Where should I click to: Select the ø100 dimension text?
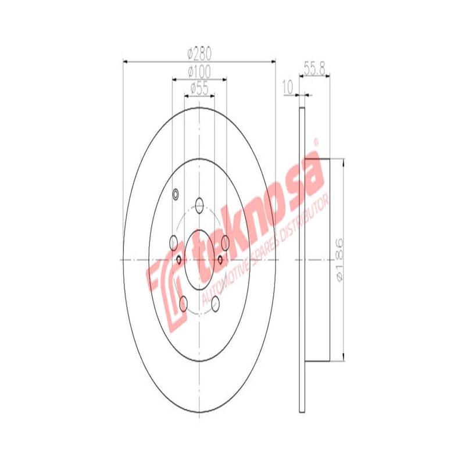pos(199,71)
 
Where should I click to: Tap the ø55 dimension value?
pos(199,88)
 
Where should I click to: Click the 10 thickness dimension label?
pos(287,88)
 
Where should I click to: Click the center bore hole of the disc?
pos(199,259)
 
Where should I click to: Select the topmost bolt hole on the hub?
pos(199,204)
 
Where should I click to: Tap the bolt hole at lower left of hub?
pos(183,302)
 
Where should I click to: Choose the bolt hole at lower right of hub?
pos(216,302)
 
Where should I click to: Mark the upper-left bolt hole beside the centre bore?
pos(173,241)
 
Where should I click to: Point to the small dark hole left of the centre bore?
pos(178,259)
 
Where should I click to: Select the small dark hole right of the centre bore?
pos(220,259)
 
